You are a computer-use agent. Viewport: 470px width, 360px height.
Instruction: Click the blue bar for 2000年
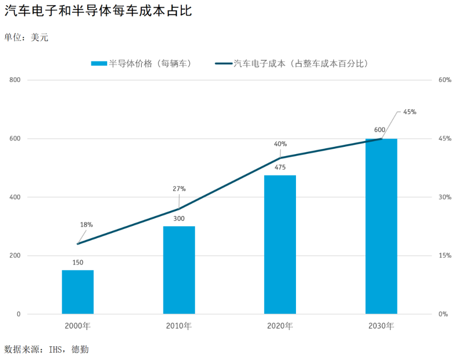click(x=78, y=292)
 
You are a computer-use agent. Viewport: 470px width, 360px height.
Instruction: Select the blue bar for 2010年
click(x=179, y=270)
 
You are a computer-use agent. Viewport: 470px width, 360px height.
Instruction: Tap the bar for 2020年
click(x=280, y=244)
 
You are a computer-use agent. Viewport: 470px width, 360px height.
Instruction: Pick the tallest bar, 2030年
click(x=381, y=226)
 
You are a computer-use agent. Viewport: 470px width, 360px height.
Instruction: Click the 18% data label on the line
click(x=87, y=225)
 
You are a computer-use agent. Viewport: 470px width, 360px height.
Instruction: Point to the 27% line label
click(x=179, y=189)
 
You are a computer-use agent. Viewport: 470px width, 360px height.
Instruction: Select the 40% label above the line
click(x=280, y=144)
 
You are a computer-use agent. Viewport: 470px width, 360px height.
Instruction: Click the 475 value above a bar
click(x=280, y=167)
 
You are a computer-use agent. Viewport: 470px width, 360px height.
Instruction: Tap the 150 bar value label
click(x=78, y=262)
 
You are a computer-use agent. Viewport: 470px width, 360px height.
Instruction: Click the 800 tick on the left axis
click(x=15, y=80)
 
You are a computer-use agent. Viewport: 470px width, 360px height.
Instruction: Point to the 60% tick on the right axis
click(x=445, y=80)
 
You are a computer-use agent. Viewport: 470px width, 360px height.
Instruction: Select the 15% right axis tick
click(x=445, y=255)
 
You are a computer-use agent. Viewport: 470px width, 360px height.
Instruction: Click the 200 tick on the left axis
click(x=15, y=255)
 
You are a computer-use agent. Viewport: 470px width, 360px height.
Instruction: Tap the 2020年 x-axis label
click(x=280, y=326)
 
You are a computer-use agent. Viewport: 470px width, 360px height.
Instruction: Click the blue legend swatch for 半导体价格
click(x=99, y=64)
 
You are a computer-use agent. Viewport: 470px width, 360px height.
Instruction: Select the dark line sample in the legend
click(x=224, y=64)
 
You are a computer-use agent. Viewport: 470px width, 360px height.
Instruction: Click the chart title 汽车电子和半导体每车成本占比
click(x=98, y=11)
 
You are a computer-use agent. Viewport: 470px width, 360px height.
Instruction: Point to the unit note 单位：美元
click(x=26, y=37)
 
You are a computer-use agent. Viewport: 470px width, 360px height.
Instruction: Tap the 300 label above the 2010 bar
click(x=179, y=219)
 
